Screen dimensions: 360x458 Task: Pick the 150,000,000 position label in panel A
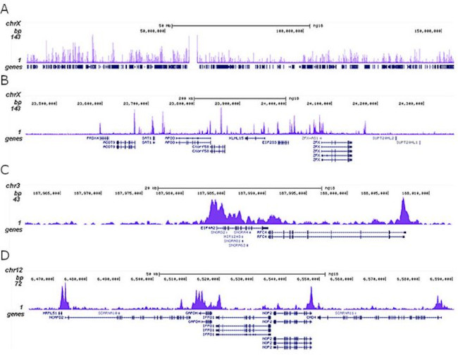(x=428, y=31)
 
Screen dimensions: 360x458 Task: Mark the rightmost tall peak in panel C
(x=403, y=206)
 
